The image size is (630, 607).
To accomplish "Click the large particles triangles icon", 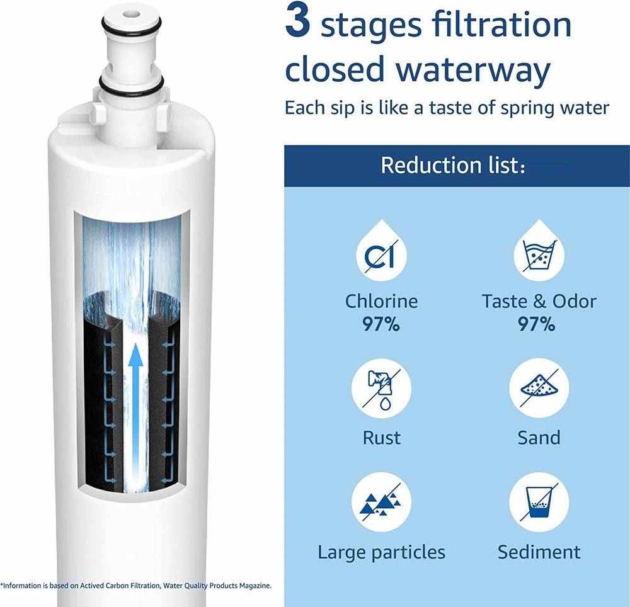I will click(x=381, y=502).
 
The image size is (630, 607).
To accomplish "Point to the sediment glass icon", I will click(x=539, y=502).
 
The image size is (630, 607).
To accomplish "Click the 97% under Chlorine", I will click(x=381, y=324).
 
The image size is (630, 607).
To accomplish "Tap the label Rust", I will click(x=381, y=438).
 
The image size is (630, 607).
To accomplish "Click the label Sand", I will click(x=539, y=438).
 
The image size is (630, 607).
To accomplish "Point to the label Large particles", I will click(x=381, y=552).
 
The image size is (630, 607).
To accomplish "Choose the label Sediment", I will click(x=539, y=552).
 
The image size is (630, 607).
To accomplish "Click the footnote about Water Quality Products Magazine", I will click(x=135, y=585).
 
